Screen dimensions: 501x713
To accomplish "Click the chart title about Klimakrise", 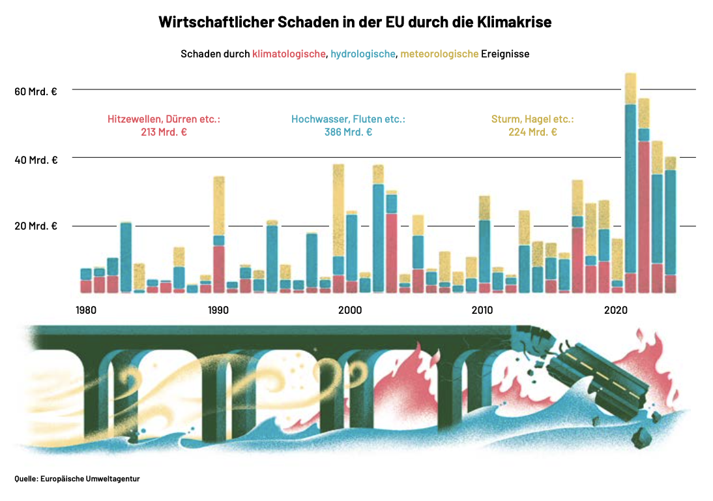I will tap(355, 22).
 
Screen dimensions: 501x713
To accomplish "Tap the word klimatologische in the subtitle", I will tap(289, 54).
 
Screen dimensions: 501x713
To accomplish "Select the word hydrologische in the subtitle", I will tap(363, 54).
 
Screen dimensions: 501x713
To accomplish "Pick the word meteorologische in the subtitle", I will tap(439, 54).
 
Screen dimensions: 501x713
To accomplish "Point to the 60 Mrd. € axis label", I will tap(36, 91).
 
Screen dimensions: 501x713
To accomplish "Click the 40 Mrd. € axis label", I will tap(36, 160).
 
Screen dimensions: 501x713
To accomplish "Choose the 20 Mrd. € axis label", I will tap(36, 226).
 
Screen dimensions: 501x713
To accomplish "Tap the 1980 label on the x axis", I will tap(86, 310).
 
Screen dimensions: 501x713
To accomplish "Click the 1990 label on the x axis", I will tap(218, 310).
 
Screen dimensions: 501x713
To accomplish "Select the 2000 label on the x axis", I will tap(350, 310).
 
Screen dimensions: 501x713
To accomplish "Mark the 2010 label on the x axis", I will tap(482, 310).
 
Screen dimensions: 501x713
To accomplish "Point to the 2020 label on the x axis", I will tap(615, 310).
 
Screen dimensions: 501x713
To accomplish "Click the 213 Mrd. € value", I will tap(164, 132).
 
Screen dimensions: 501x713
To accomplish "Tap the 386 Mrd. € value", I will tap(348, 132).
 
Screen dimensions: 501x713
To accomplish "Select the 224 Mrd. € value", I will tap(532, 132).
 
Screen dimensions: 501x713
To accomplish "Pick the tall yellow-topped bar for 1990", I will tap(219, 235).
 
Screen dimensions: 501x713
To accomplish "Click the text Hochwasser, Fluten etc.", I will tap(348, 119).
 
